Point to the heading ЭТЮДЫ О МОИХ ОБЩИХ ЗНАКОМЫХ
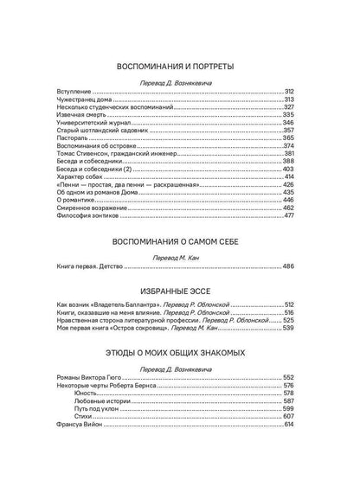coord(181,353)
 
